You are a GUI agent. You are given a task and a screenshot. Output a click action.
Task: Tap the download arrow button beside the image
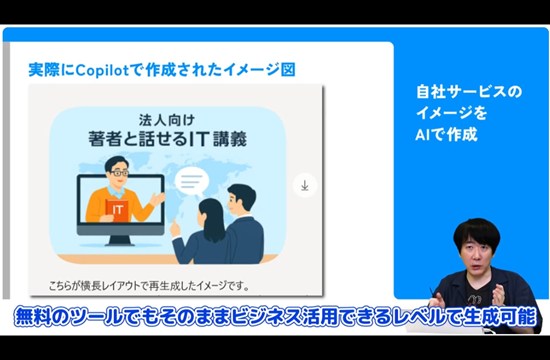pos(305,185)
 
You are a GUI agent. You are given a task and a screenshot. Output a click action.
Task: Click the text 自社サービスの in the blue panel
pos(469,91)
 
